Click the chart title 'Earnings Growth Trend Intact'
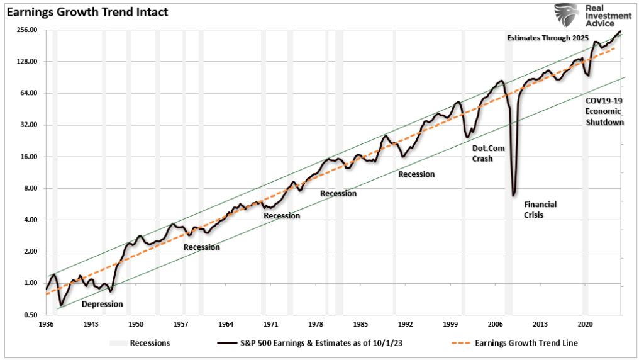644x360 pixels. pos(87,12)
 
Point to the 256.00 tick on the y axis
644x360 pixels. pos(27,30)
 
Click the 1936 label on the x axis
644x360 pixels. pos(47,325)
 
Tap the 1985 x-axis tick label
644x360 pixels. pos(360,325)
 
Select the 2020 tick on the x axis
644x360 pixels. pos(585,325)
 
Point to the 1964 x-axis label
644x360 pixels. pos(226,325)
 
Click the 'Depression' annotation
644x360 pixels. pos(103,304)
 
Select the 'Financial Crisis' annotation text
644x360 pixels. pos(540,210)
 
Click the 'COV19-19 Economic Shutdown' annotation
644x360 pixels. pos(604,111)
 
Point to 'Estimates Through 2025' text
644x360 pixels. pos(547,38)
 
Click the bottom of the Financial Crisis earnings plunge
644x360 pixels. pos(514,194)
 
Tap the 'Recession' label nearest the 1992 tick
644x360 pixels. pos(416,174)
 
